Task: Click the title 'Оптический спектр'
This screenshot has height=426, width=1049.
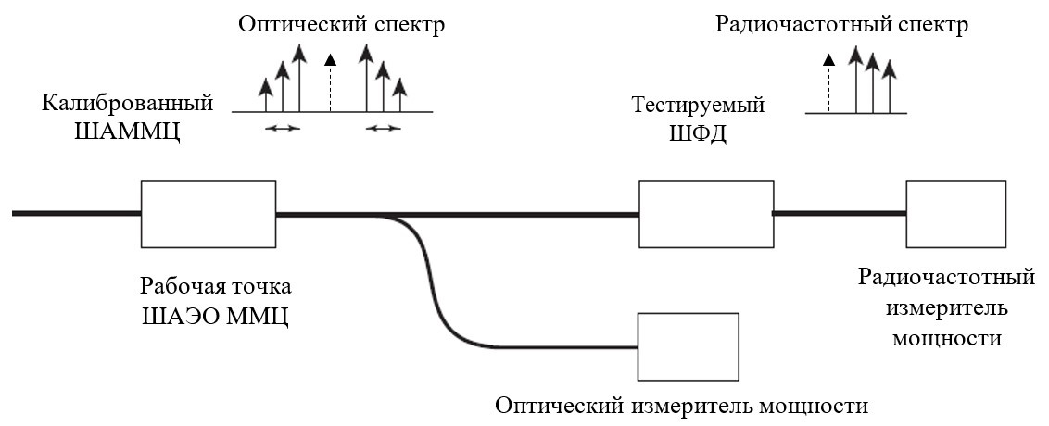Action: tap(341, 25)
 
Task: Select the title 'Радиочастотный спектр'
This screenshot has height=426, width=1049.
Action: tap(841, 25)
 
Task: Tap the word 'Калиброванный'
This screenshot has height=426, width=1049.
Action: tap(127, 103)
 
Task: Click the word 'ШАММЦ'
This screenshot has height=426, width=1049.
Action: tap(126, 132)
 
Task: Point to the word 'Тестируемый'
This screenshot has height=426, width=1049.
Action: tap(698, 104)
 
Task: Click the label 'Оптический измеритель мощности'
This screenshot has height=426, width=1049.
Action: tap(682, 406)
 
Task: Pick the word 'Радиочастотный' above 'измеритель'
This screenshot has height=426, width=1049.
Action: tap(945, 278)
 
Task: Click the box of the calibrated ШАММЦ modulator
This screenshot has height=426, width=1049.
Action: tap(208, 213)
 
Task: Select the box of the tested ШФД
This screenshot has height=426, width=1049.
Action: tap(705, 213)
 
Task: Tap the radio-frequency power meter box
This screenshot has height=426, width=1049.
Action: tap(955, 213)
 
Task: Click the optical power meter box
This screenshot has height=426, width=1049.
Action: tap(688, 346)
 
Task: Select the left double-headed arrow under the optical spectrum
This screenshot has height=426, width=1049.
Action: tap(283, 129)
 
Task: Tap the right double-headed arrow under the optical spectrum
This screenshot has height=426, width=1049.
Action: tap(382, 129)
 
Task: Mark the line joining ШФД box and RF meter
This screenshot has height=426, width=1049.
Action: tap(839, 213)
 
